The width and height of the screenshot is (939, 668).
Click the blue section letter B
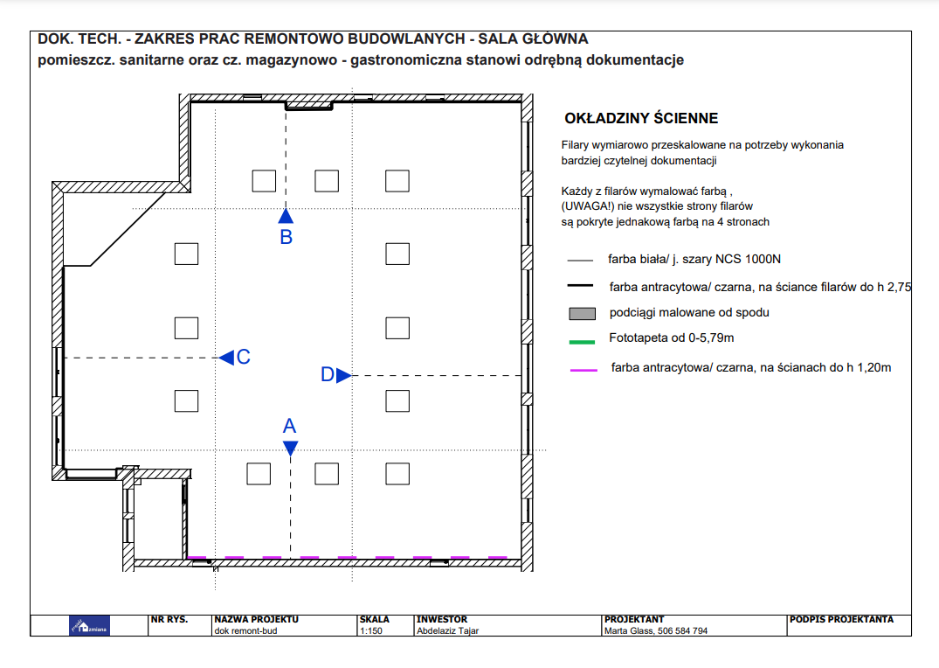[x=287, y=238]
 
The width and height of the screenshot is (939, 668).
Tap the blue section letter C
[x=243, y=358]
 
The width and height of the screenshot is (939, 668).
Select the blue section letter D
[x=328, y=375]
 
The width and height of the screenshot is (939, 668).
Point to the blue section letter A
[x=289, y=426]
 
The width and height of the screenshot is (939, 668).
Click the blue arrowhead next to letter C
[x=226, y=358]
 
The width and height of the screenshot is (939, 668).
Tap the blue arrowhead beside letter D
[x=344, y=375]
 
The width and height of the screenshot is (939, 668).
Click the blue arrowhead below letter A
[x=291, y=448]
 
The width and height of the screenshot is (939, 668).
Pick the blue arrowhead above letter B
[x=286, y=216]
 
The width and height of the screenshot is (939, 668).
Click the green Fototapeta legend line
[x=582, y=342]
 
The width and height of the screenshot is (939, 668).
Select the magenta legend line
[x=583, y=371]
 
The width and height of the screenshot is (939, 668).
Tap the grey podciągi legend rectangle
[x=582, y=314]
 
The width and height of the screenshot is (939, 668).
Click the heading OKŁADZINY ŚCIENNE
[x=641, y=118]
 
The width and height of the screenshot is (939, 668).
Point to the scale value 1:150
[x=371, y=630]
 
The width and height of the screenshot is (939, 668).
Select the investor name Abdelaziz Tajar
[x=447, y=630]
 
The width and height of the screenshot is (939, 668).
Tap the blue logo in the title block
[x=89, y=626]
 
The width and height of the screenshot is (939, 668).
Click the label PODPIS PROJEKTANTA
[x=841, y=619]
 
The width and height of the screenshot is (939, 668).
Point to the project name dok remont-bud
[x=245, y=630]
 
